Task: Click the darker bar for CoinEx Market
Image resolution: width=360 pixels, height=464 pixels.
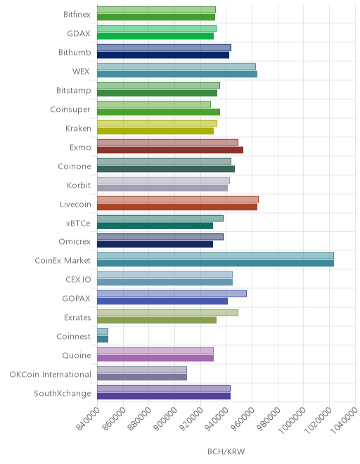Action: tap(215, 264)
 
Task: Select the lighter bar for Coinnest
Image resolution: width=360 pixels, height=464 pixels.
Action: tap(103, 331)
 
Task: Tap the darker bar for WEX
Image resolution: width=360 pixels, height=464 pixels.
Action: tap(177, 74)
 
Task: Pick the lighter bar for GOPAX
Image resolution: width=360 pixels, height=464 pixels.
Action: tap(172, 294)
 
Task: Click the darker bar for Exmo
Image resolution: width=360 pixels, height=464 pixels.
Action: tap(170, 150)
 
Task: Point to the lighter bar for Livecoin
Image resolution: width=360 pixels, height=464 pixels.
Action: tap(178, 200)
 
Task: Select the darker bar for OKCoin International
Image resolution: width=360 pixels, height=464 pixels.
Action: tap(142, 377)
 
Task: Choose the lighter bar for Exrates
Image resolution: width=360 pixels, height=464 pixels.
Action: tap(167, 312)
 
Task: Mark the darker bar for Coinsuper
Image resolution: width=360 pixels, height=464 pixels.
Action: tap(158, 112)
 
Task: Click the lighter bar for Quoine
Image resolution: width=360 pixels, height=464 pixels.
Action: tap(155, 350)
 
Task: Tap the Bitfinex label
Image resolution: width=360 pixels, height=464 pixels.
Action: tap(77, 14)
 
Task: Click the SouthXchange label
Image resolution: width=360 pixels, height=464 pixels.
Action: tap(63, 393)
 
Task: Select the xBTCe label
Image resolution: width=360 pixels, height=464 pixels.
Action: tap(78, 223)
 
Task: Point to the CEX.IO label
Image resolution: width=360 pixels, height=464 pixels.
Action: tap(79, 279)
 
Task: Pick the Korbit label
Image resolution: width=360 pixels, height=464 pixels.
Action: tap(79, 185)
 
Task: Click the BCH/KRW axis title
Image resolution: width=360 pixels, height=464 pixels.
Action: tap(226, 451)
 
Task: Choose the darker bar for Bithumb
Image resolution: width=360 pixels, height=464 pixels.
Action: tap(163, 55)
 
